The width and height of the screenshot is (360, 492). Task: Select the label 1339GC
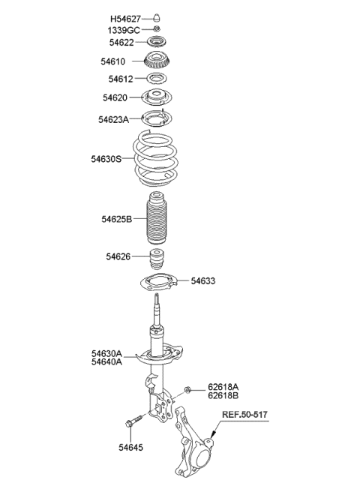[124, 29]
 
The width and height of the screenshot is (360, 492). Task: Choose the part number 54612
[121, 79]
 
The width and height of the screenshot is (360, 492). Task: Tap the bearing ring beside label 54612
[156, 79]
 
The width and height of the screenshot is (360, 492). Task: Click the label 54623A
[113, 118]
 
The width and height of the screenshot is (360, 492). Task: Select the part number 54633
[202, 281]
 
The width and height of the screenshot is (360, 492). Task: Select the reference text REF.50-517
[244, 415]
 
